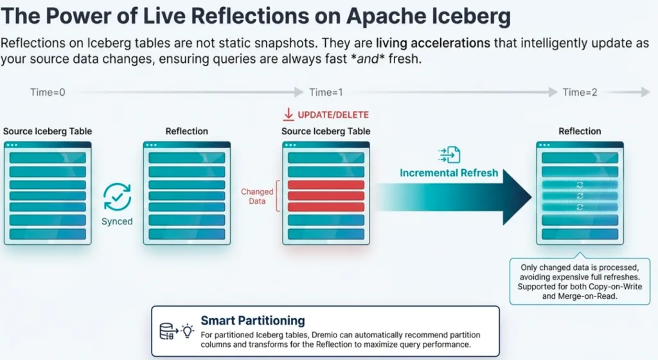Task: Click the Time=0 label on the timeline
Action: click(x=48, y=93)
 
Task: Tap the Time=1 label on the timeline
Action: click(x=326, y=93)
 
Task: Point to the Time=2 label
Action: click(x=580, y=93)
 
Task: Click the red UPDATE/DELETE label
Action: click(x=333, y=115)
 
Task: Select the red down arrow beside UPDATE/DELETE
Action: click(x=288, y=115)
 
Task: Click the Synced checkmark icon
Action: click(x=117, y=197)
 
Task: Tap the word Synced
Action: click(x=117, y=221)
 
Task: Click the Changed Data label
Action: click(x=257, y=196)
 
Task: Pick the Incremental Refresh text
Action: click(x=449, y=173)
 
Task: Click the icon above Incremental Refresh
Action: click(x=449, y=154)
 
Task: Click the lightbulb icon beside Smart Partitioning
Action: click(x=187, y=331)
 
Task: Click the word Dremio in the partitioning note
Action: click(x=341, y=335)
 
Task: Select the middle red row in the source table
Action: click(x=326, y=195)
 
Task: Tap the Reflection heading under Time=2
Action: click(x=580, y=131)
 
